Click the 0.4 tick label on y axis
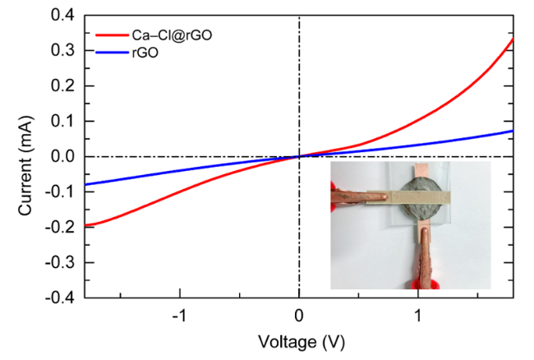coord(62,15)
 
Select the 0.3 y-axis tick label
coord(62,50)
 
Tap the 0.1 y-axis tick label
coord(62,121)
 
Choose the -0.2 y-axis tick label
coord(60,228)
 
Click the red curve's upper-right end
coord(513,39)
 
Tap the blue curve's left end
coord(85,184)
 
